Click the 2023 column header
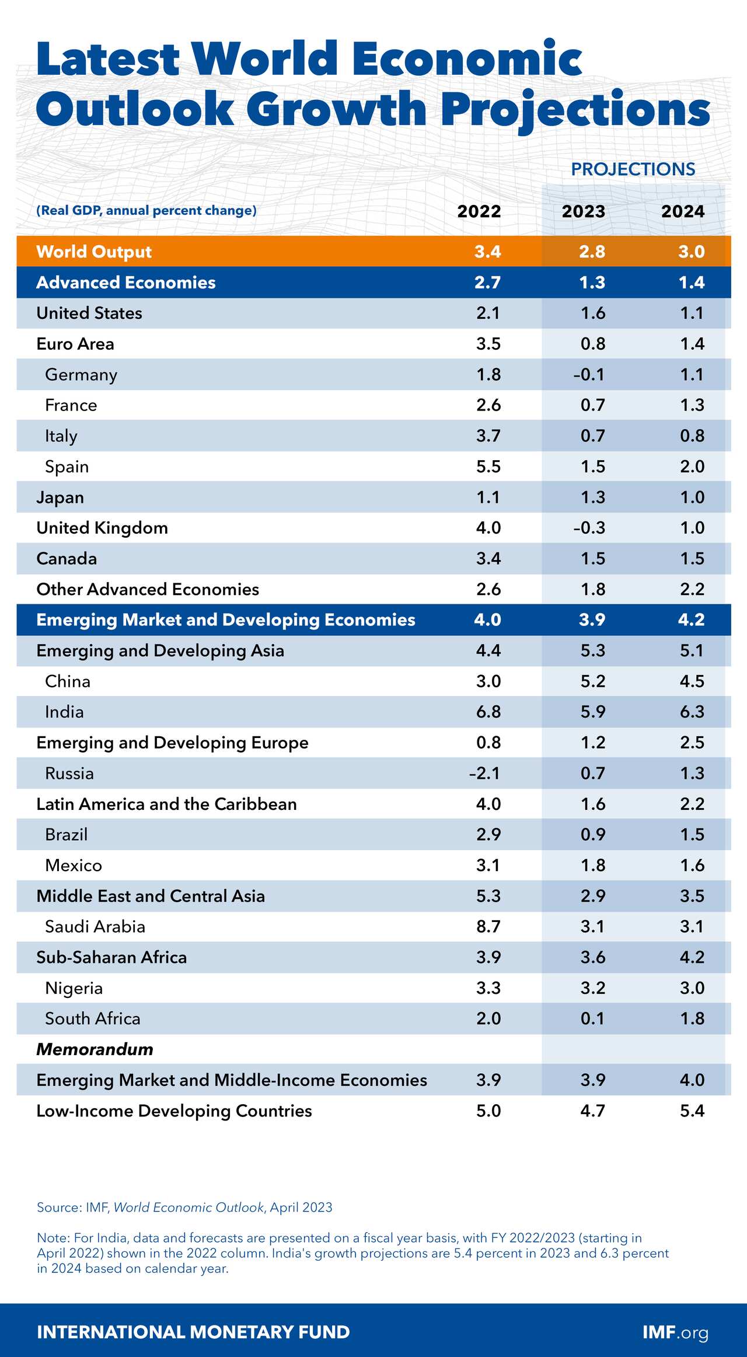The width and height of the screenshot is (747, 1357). click(x=583, y=211)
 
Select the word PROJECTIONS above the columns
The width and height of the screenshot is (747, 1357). click(x=633, y=169)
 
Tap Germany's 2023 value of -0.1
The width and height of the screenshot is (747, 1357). click(x=589, y=374)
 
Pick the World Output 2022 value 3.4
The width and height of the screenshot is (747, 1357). click(x=487, y=252)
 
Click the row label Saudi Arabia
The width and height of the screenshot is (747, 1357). click(x=95, y=927)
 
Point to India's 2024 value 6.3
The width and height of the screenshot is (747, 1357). click(x=692, y=712)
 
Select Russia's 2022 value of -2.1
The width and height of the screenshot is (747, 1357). click(x=485, y=773)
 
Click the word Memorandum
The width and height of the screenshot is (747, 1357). click(x=95, y=1049)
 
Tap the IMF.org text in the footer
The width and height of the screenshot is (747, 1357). click(x=675, y=1332)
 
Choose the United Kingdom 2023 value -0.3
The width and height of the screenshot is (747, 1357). click(x=589, y=528)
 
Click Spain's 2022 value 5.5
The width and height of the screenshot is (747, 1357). click(x=488, y=467)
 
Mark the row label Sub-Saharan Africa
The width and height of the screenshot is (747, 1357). click(x=111, y=957)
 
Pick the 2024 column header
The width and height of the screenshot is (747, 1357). click(x=682, y=211)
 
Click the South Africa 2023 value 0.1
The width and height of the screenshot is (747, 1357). click(x=592, y=1018)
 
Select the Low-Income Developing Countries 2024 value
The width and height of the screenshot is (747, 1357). click(x=692, y=1111)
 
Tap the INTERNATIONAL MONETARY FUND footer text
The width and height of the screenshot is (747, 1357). click(x=193, y=1332)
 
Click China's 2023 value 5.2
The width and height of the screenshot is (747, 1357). click(x=593, y=681)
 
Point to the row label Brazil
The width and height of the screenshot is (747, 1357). click(x=67, y=834)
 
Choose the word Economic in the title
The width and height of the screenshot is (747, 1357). click(x=466, y=60)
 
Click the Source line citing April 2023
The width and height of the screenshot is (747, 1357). click(x=184, y=1208)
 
